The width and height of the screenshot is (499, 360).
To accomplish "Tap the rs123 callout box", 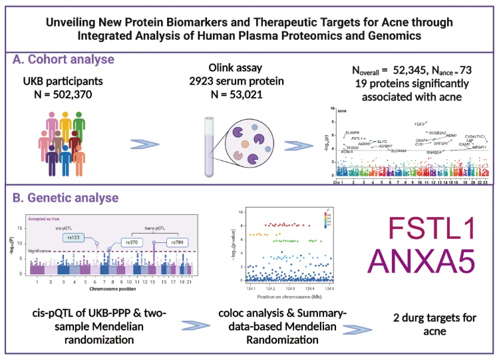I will coord(75,237).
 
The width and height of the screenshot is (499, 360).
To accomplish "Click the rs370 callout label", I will coord(132,244).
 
